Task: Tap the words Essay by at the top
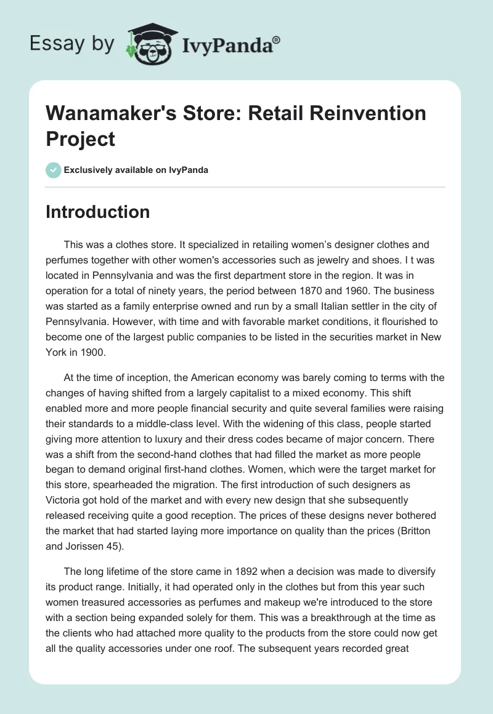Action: pyautogui.click(x=72, y=44)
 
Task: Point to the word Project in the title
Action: pyautogui.click(x=81, y=138)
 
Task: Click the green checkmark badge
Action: pyautogui.click(x=54, y=170)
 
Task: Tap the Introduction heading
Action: pyautogui.click(x=98, y=212)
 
